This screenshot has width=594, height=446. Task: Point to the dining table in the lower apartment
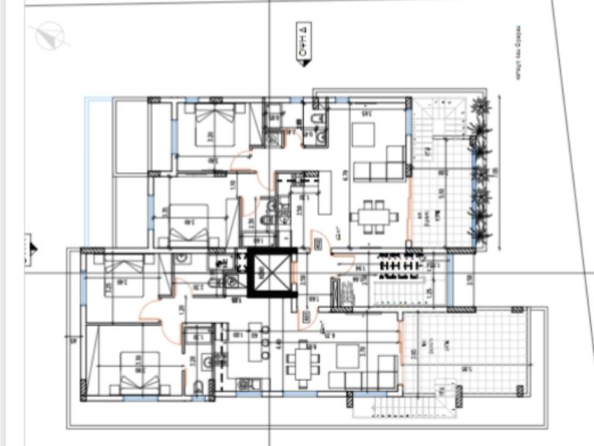click(302, 362)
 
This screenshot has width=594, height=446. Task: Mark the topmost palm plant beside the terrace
click(480, 105)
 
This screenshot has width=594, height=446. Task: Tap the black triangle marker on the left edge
click(32, 249)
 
